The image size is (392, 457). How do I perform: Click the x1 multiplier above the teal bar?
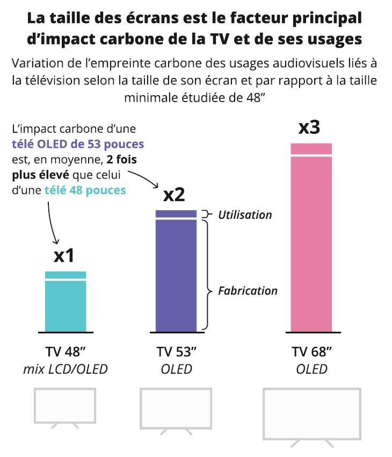[64, 255]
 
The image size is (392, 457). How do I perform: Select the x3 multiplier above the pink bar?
[309, 127]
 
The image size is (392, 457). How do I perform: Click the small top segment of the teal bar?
[66, 275]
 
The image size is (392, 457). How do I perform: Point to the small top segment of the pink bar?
[311, 148]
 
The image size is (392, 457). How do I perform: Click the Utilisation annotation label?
[245, 215]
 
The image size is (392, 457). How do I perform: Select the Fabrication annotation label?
[248, 291]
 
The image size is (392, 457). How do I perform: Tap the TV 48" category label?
[66, 353]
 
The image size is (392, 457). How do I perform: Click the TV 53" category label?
[176, 353]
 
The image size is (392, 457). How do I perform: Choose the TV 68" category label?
[311, 353]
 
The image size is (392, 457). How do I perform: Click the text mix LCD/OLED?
[66, 369]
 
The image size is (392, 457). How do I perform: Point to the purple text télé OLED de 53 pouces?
[78, 144]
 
